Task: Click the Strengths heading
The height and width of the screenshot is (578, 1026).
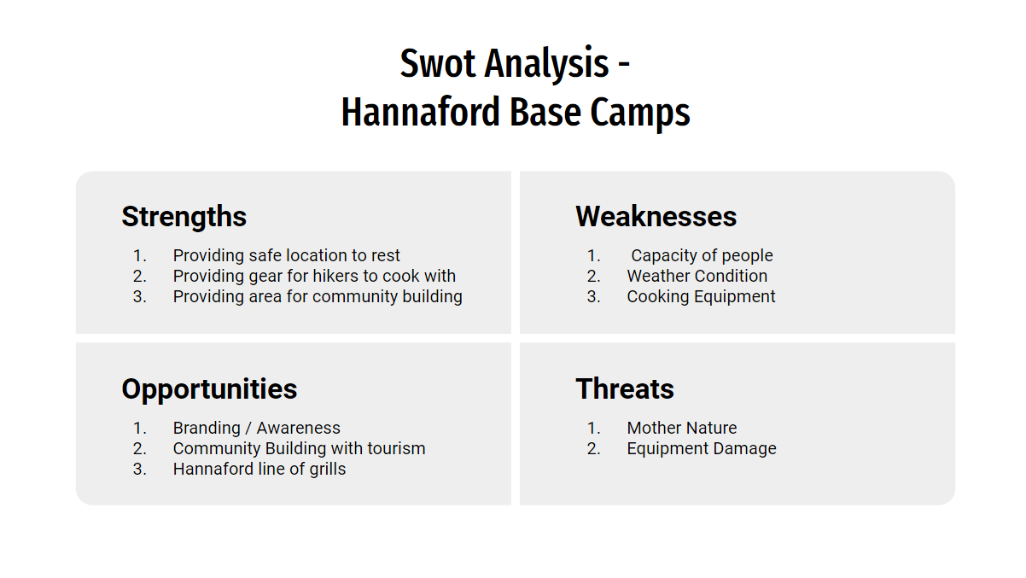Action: [x=184, y=216]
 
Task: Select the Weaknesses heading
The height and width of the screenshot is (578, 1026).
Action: [x=656, y=216]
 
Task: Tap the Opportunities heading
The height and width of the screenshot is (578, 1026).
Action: [x=209, y=390]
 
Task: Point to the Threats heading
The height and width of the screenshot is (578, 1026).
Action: [x=625, y=388]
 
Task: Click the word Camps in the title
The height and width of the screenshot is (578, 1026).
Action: [x=640, y=113]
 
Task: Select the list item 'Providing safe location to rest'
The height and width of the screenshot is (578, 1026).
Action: [x=286, y=255]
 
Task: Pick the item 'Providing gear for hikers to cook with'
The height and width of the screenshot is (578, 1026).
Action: [x=314, y=276]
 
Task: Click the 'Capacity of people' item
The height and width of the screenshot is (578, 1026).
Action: [x=702, y=255]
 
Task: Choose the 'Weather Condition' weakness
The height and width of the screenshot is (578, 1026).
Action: [x=697, y=276]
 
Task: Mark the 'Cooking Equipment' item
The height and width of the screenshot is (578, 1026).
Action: [x=701, y=297]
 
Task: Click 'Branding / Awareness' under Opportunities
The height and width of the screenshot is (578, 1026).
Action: [x=256, y=428]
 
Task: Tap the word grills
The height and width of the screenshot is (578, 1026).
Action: [x=328, y=470]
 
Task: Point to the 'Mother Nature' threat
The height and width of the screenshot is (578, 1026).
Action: [x=682, y=428]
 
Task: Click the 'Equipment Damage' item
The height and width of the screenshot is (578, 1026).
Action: [x=702, y=449]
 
